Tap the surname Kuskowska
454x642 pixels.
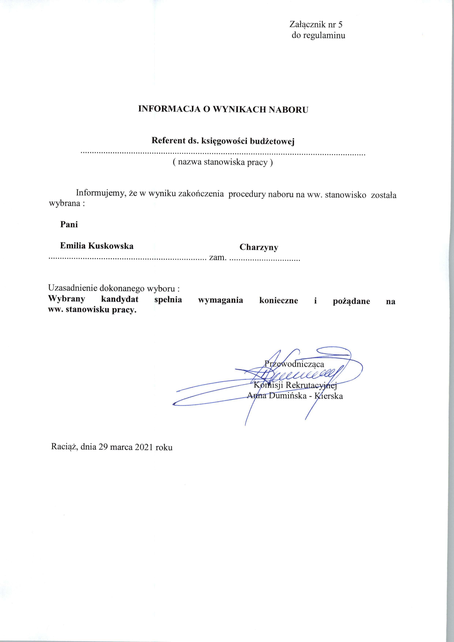[111, 246]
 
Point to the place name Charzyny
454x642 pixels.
[259, 247]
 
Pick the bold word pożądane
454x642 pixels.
[351, 301]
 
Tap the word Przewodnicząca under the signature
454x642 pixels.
[294, 364]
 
